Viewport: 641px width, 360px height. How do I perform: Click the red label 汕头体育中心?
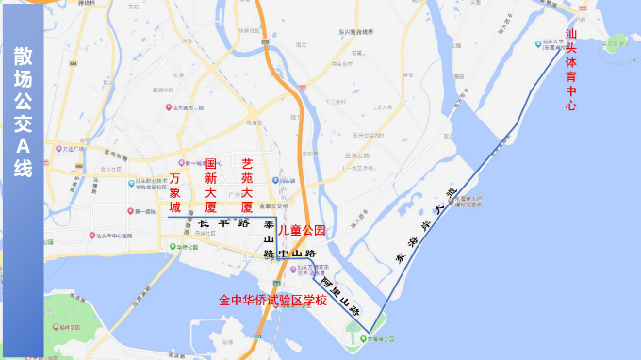[569, 71]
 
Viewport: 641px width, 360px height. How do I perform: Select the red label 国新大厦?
[211, 184]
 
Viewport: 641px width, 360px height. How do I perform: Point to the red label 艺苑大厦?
[247, 184]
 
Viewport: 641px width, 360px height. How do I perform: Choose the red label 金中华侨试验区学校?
[272, 301]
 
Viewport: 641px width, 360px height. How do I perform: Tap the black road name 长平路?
[223, 224]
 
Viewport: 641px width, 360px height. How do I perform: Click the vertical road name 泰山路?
[269, 239]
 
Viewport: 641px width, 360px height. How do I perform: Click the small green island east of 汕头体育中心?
[616, 42]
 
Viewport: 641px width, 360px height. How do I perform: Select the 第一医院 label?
[141, 212]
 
